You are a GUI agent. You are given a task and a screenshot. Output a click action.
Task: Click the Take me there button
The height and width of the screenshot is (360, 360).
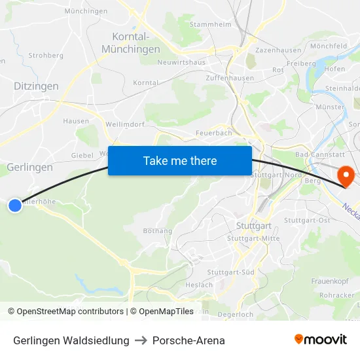180,160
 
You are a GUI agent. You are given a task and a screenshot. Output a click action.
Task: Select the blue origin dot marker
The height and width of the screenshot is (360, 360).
14,206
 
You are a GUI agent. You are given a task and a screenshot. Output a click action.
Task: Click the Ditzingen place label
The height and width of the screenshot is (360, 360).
36,86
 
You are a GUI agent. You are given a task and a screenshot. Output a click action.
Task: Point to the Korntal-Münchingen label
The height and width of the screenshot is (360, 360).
131,43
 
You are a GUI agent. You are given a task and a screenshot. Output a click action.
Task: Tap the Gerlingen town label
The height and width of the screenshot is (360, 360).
29,168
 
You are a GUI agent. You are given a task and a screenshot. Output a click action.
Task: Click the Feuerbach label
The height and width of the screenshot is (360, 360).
213,133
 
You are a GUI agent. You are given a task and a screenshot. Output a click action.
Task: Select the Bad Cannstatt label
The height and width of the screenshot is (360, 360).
315,154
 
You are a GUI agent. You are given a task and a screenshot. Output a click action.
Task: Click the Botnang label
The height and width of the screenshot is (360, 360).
157,231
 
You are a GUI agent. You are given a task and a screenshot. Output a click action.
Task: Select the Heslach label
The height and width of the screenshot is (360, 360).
199,285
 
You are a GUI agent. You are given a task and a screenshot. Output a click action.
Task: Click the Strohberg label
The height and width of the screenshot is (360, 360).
46,56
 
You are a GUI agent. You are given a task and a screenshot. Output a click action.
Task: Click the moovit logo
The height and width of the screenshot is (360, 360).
321,340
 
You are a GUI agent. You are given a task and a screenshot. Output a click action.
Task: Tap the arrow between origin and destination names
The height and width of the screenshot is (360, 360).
141,340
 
